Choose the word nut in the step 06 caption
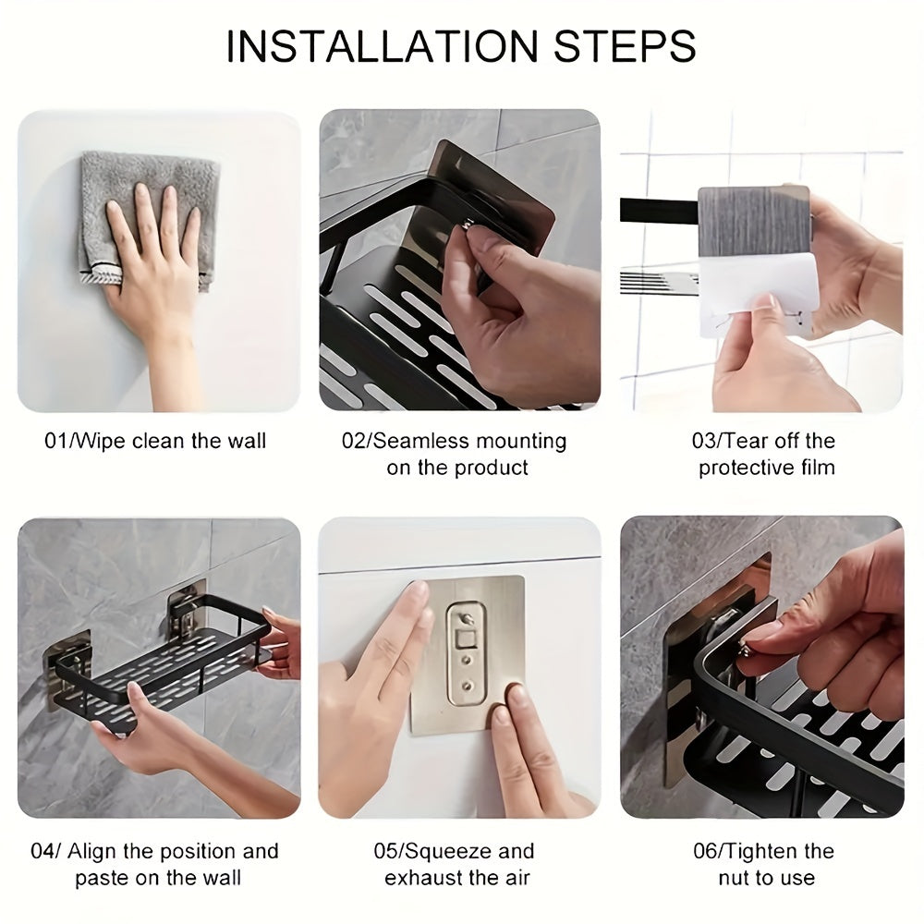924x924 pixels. [736, 878]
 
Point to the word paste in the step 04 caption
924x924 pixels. [102, 878]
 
